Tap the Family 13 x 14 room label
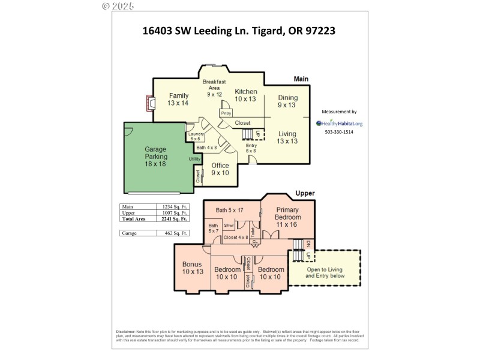(178, 100)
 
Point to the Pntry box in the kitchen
(226, 113)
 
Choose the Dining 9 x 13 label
(287, 101)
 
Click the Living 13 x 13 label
(287, 137)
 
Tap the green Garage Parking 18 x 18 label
(155, 156)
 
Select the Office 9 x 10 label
(220, 169)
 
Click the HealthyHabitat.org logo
(339, 124)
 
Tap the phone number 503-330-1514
(339, 132)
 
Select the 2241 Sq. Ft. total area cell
(175, 219)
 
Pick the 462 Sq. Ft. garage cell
(175, 233)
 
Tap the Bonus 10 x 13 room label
(193, 268)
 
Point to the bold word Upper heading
(305, 193)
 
